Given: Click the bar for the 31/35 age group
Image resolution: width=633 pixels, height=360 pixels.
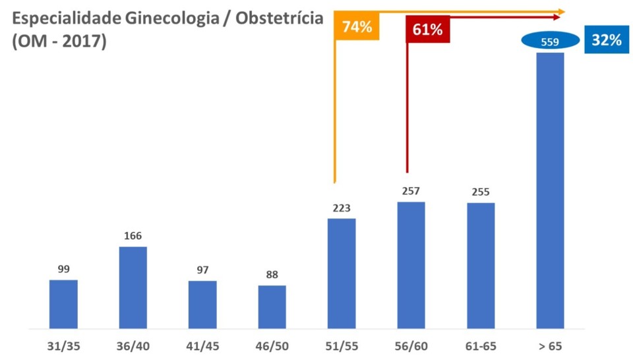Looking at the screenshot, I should point(63,304).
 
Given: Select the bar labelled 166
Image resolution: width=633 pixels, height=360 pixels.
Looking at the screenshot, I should point(133,287).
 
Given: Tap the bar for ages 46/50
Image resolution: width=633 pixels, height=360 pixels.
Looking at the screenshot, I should point(272,307).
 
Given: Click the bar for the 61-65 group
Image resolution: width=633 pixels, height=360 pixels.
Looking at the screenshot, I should point(481,265).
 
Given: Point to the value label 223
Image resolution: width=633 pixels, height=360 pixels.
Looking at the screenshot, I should point(341,208).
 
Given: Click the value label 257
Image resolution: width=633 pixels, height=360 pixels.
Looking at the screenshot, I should point(411,191).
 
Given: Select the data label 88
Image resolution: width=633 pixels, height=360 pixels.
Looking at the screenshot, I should point(272,275).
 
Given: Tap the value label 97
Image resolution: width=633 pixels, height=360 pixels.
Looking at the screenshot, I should point(202,270).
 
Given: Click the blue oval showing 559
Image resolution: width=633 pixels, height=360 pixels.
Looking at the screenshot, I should point(550,42).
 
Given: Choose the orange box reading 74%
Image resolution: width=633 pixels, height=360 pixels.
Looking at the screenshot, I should point(357,27).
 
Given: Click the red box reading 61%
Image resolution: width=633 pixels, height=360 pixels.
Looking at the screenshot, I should point(427,30).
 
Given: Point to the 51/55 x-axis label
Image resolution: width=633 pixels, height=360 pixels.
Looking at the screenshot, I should point(341,346).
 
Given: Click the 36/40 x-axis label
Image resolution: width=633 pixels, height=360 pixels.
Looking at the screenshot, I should point(133,346).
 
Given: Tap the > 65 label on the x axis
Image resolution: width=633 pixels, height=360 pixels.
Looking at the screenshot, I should point(550,346).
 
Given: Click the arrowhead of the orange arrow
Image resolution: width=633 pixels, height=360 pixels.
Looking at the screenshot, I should point(561,11).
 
